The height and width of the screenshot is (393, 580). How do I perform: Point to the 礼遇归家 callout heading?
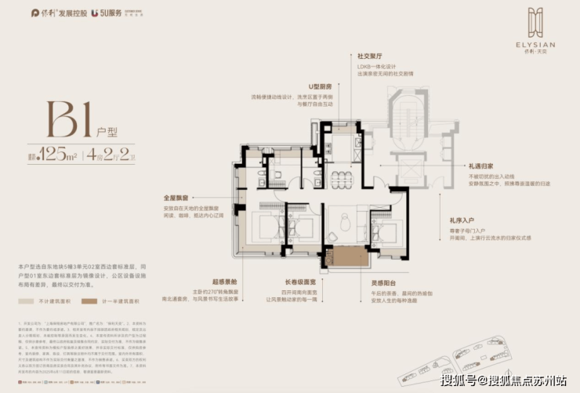click(x=481, y=166)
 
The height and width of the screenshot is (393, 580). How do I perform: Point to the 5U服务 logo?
click(x=107, y=13)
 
